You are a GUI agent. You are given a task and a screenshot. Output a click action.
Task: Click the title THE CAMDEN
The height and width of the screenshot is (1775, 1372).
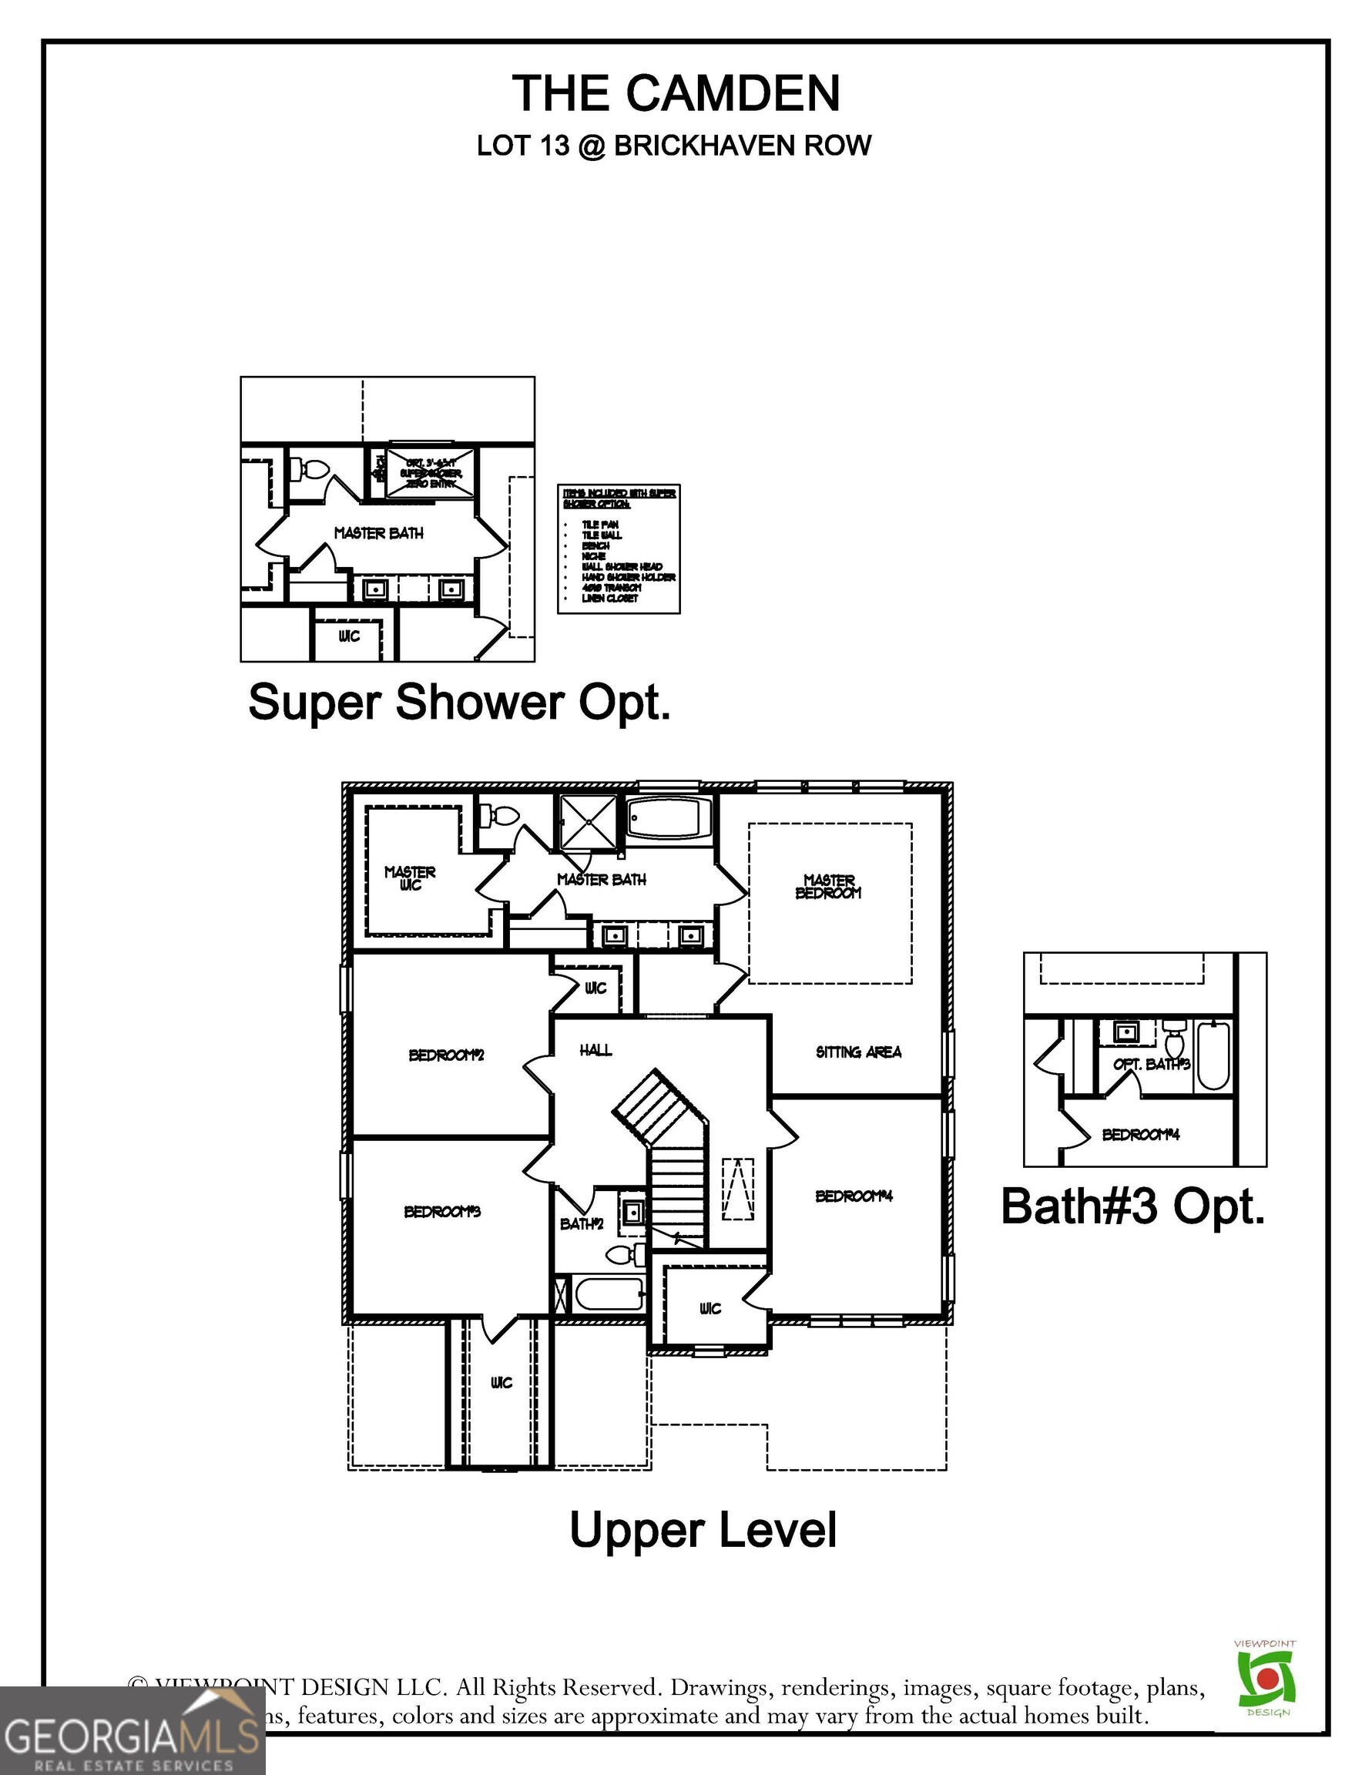coord(676,92)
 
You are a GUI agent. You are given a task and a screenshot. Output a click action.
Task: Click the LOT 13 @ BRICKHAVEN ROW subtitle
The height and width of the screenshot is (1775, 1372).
coord(674,146)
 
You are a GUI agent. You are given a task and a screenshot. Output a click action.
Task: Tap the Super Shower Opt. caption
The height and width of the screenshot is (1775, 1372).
coord(459,702)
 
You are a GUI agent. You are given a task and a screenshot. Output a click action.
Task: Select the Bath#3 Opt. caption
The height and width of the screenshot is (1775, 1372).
coord(1133,1206)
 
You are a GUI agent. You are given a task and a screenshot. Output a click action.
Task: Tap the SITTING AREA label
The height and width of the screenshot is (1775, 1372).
coord(858,1052)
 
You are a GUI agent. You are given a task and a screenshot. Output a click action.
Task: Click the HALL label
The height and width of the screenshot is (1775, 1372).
coord(595,1051)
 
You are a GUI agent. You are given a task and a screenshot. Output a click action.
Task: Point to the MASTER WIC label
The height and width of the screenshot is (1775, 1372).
coord(411,877)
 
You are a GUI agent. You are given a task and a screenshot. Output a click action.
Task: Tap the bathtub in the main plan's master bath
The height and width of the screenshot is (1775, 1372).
coord(669,817)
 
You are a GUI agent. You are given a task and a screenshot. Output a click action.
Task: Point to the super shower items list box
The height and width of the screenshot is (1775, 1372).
coord(619,549)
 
